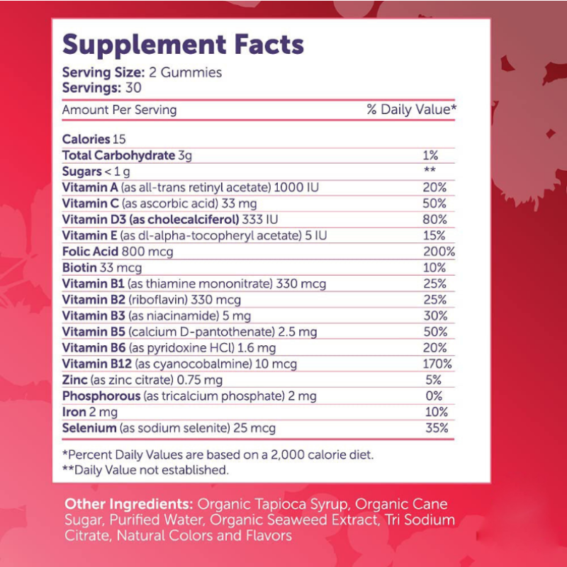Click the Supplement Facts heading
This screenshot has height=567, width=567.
coord(183,45)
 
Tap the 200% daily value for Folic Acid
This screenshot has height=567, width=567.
coord(440,252)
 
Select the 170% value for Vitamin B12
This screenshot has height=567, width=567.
coord(440,364)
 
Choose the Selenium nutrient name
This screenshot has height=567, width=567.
coord(89,428)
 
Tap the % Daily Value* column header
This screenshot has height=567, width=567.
coord(411,110)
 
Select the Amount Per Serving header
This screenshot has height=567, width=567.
coord(119,110)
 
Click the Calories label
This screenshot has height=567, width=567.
coord(86,140)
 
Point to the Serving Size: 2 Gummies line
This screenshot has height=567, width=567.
coord(142,72)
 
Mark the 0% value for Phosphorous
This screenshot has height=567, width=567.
coord(435,396)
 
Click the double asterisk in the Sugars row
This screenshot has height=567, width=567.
coord(429,171)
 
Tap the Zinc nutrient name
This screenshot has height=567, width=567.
coord(75,380)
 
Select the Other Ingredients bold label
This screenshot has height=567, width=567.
coord(128,504)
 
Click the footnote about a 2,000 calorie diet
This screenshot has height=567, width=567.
coord(218,454)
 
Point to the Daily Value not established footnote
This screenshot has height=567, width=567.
coord(145,469)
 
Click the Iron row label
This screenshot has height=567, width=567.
coord(74,412)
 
